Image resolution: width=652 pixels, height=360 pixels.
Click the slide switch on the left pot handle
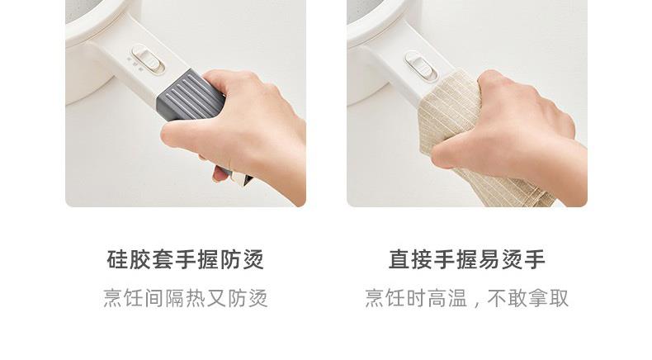tap(148, 59)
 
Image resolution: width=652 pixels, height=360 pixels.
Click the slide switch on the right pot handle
tap(421, 66)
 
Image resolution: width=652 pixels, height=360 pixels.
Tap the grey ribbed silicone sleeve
tap(191, 96)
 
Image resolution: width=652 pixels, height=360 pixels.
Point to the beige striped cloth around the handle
tap(470, 141)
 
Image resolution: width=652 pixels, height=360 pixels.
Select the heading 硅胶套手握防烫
tap(186, 260)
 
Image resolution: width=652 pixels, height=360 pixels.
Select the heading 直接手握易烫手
tap(467, 260)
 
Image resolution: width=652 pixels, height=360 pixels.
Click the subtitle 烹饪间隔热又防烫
tap(186, 298)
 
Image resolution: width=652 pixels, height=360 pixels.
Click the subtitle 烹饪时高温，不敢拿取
tap(467, 298)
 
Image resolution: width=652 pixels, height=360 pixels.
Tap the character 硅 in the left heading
tap(118, 260)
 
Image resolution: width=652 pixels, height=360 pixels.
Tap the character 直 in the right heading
tap(399, 260)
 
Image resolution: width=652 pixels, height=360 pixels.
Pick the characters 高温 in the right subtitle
tap(447, 298)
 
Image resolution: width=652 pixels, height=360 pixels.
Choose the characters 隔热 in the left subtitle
tap(186, 298)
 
